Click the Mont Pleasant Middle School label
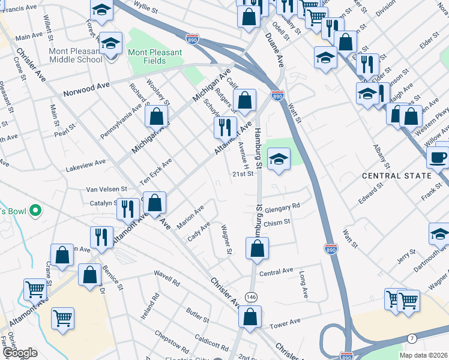point(76,55)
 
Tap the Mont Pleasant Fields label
point(155,57)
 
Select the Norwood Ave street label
point(87,89)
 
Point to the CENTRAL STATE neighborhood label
point(397,176)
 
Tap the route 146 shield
point(251,296)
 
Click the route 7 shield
point(411,339)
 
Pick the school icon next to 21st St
point(279,159)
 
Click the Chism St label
point(277,222)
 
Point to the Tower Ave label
point(285,323)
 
